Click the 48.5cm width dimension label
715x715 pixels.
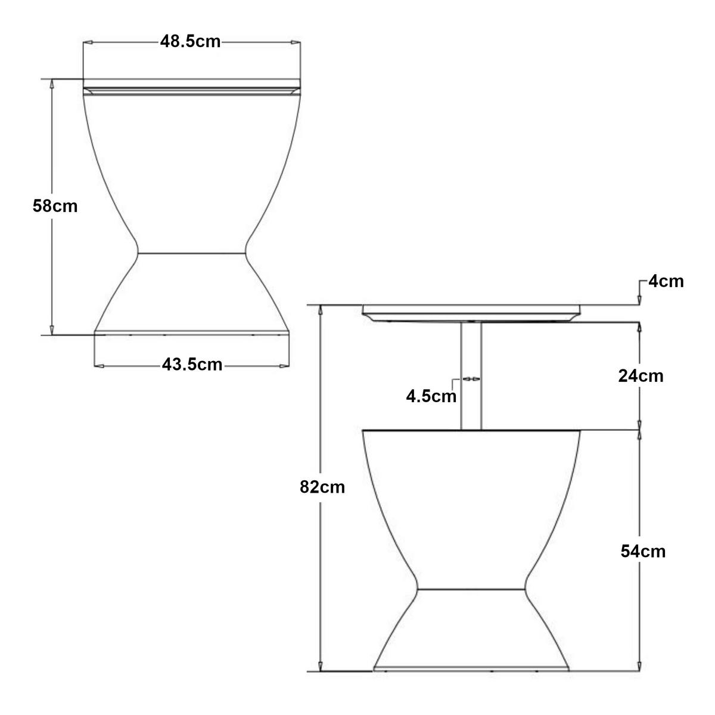pos(190,42)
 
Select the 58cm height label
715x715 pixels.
pos(55,206)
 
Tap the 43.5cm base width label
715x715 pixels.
pos(192,365)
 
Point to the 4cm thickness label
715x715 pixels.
pos(666,282)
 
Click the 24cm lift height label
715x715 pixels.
pos(641,376)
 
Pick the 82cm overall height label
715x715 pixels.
pos(322,487)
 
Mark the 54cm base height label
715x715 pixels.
pos(643,552)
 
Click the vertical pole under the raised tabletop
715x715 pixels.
pos(471,376)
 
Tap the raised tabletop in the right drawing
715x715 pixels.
pos(471,313)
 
